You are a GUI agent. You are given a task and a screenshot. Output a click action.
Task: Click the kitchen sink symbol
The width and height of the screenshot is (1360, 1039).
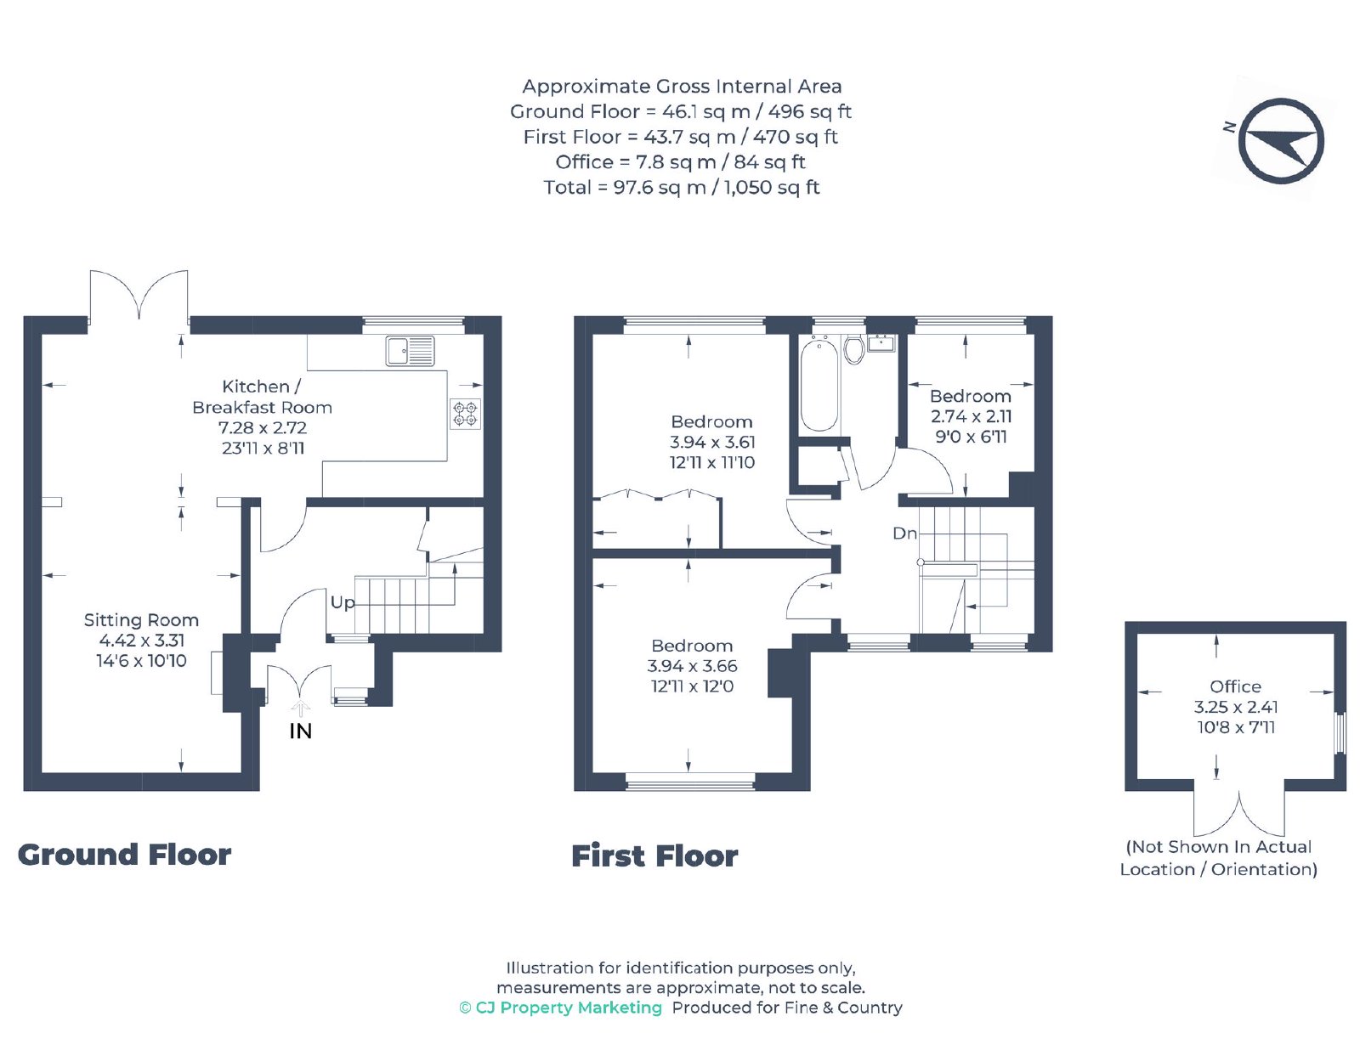point(410,351)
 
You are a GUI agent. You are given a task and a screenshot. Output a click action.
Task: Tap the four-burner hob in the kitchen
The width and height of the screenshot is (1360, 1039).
point(465,414)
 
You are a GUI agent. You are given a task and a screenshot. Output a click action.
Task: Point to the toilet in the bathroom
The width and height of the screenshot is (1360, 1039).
point(853,349)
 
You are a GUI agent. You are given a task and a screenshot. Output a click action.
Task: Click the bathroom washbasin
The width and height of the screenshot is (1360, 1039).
point(881,342)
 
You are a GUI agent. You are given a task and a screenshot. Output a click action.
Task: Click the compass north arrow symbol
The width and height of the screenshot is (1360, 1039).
point(1280,140)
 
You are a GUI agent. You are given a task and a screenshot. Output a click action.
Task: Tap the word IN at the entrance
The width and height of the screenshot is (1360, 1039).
point(300,731)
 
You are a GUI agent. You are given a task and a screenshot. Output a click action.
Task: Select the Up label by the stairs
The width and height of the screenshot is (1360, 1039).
point(343,601)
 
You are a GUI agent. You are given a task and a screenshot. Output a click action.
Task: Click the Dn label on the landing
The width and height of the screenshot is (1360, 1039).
point(904,533)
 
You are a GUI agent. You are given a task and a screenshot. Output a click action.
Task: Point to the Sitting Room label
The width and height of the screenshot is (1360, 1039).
point(141,620)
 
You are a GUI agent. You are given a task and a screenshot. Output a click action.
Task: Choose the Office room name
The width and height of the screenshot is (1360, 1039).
point(1235,686)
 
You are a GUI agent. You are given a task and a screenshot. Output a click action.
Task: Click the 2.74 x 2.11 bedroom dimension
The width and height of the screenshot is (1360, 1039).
point(971,416)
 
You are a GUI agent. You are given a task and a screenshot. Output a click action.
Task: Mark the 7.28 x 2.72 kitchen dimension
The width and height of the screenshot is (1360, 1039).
point(262,427)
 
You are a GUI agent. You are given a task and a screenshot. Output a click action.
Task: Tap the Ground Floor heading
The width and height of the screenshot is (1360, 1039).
point(125,855)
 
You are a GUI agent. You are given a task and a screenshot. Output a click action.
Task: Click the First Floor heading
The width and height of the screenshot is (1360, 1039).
point(654,855)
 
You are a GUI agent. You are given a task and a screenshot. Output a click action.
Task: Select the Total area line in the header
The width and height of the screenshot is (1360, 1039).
point(682,187)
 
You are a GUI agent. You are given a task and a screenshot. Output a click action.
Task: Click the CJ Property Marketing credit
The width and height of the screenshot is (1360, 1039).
point(560,1008)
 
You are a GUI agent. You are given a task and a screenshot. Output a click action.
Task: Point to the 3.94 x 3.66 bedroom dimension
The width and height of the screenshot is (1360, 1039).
point(692,666)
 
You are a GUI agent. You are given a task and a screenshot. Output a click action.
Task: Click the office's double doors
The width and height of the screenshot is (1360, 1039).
point(1238,811)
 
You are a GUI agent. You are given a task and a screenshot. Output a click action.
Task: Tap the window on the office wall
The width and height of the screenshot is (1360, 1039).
point(1340,734)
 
